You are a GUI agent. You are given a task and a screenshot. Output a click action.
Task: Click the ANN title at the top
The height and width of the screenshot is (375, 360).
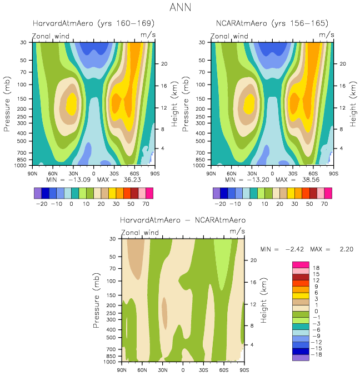click(179, 8)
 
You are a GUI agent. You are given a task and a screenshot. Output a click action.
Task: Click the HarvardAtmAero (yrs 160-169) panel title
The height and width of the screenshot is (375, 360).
click(93, 23)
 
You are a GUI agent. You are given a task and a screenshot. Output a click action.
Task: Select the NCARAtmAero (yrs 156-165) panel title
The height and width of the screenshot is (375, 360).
click(272, 23)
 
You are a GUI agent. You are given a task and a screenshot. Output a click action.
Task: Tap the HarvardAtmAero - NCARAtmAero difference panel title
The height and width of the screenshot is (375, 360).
click(183, 220)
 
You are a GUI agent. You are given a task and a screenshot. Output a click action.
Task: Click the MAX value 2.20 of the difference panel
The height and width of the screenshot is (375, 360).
click(345, 249)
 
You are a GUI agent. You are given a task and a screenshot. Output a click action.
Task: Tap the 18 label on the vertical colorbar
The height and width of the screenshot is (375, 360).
click(317, 268)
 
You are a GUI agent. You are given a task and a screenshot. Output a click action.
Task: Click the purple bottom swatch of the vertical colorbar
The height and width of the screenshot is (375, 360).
click(300, 358)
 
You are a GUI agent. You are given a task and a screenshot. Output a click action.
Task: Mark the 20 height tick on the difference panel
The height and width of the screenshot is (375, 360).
click(252, 260)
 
